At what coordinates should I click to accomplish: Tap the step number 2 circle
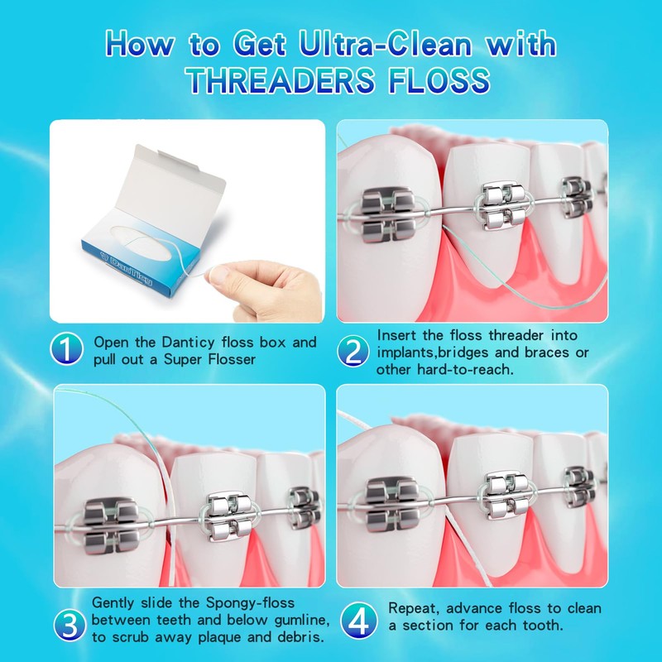(353, 352)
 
